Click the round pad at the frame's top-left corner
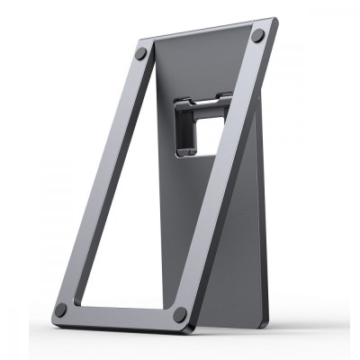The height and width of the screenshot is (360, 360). coord(141,54)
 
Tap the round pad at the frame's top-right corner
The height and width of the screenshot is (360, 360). coord(258,36)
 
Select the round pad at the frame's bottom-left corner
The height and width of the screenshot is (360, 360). coord(61,309)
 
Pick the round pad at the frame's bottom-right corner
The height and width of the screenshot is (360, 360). coord(180,315)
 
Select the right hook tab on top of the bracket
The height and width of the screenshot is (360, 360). coord(224,96)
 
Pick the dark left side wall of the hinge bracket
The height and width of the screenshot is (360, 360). coord(182,131)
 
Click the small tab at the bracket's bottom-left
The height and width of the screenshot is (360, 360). coord(182,153)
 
